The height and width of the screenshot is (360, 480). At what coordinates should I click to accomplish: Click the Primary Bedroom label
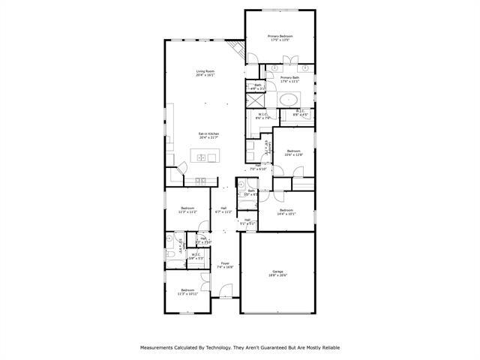pos(280,38)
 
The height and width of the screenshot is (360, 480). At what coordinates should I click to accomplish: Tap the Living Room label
pos(205,73)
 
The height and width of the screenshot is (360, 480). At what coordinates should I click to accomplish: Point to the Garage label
pos(278,274)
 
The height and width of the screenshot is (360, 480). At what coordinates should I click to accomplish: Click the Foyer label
pos(225,265)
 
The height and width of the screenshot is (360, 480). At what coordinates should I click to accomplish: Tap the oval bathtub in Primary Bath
pos(288,98)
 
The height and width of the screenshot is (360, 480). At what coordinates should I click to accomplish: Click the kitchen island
pos(204,157)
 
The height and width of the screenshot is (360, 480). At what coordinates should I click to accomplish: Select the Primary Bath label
pos(290,79)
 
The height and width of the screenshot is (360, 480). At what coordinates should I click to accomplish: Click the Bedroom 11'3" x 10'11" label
pos(187,291)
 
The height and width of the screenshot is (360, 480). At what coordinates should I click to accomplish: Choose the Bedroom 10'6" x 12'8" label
pos(292,153)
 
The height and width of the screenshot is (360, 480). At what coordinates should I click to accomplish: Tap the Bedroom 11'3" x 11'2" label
pos(187,210)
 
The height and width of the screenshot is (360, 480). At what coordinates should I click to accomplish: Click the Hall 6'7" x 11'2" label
pos(223,210)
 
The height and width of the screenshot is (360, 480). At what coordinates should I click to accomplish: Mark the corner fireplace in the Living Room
pos(238,51)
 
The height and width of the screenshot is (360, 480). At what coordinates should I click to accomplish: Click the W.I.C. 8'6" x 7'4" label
pos(262,116)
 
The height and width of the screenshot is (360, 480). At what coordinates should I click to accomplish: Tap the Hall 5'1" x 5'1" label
pos(247,221)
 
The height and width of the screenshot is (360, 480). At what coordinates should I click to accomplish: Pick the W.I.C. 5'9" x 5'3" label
pos(196,256)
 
